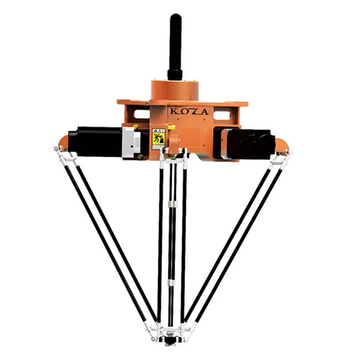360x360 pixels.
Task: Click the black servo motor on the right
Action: [251, 141]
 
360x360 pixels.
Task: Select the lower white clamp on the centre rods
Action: [172, 281]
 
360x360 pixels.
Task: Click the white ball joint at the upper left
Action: [57, 149]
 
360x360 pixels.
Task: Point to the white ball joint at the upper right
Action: [289, 153]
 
